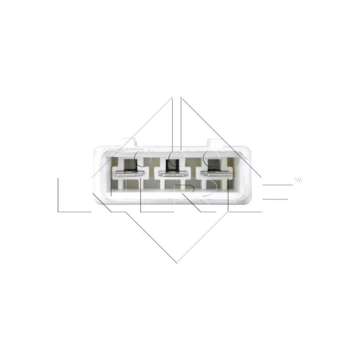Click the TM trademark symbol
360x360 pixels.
pos(297,180)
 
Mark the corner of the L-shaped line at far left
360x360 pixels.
pos(58,211)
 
